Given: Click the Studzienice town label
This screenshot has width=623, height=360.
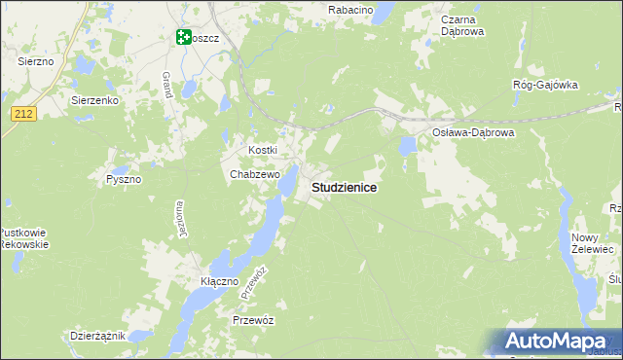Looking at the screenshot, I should pos(344,186).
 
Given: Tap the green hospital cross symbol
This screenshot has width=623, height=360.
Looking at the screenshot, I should pos(182,37).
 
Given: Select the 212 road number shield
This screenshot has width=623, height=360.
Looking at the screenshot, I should pos(25,114).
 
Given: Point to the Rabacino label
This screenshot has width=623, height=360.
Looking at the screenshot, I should pos(351,9).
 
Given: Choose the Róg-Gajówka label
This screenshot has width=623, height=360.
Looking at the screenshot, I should pos(545,85).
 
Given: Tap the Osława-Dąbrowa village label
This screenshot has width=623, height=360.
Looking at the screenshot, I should pos(473,132).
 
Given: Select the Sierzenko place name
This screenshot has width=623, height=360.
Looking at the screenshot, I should pos(94,99).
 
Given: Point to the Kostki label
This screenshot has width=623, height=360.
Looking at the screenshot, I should pos(264,150).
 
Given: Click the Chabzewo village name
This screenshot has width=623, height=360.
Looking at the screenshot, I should pos(255,174).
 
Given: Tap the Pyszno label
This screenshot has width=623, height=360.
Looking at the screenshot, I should pos(124,180).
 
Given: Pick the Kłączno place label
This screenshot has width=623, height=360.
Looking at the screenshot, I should pos(219,281).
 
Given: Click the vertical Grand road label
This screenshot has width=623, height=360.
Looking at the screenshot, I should pos(167,84).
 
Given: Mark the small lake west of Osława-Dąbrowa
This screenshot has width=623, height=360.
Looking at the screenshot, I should pos(408,146).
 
